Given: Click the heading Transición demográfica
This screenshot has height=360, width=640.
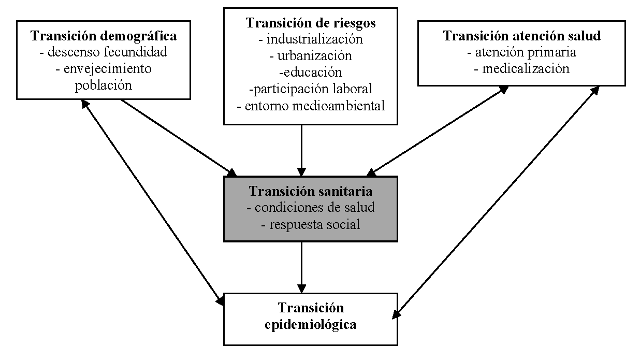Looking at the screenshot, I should pyautogui.click(x=104, y=36).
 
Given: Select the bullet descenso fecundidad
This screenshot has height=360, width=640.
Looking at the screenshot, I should pyautogui.click(x=104, y=52).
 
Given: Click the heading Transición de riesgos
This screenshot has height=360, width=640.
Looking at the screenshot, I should pyautogui.click(x=311, y=23).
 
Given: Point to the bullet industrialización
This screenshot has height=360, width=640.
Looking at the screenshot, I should pyautogui.click(x=311, y=39).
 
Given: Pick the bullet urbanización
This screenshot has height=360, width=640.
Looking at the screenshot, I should pyautogui.click(x=311, y=55).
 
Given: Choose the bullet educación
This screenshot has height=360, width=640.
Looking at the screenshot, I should pyautogui.click(x=311, y=72).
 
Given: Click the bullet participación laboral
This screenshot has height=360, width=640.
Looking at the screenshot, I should pyautogui.click(x=311, y=89).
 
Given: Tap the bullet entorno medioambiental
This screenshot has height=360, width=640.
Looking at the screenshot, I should pyautogui.click(x=311, y=106).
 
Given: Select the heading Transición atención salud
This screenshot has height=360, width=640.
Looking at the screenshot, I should pyautogui.click(x=522, y=36).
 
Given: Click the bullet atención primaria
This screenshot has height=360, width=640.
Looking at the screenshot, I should pyautogui.click(x=522, y=52).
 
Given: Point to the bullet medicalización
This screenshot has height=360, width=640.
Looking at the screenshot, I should pyautogui.click(x=522, y=69).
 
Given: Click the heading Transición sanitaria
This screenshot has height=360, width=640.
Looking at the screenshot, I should pyautogui.click(x=311, y=191).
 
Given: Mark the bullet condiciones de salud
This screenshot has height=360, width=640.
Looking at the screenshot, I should pyautogui.click(x=311, y=208).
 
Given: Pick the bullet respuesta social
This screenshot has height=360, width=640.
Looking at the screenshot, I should pyautogui.click(x=311, y=224).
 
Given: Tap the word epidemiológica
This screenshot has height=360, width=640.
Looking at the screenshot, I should pyautogui.click(x=311, y=325).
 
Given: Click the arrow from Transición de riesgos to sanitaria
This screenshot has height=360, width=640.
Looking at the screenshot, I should pyautogui.click(x=302, y=150).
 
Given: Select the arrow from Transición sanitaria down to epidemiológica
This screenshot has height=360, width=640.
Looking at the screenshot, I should pyautogui.click(x=302, y=267).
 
